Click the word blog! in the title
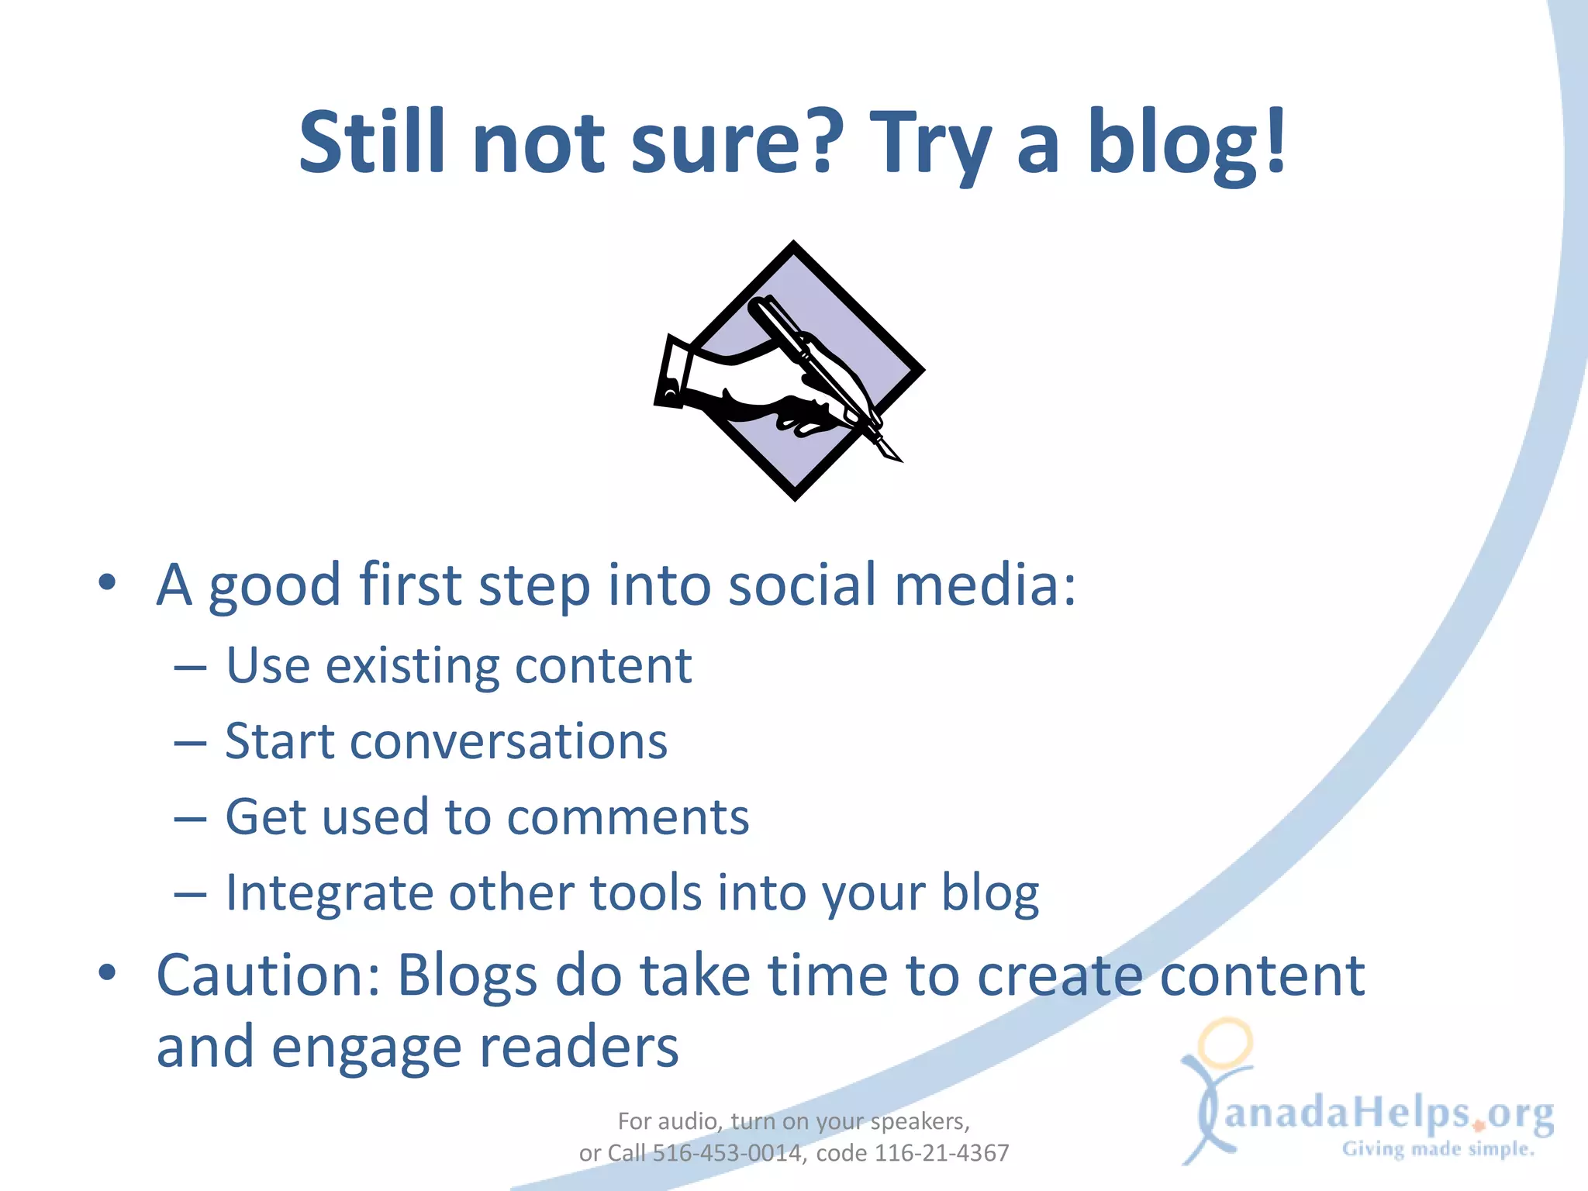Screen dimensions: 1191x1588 (x=1186, y=143)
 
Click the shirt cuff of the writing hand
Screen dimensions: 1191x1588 (x=671, y=372)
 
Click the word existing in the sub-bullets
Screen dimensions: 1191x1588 (x=412, y=667)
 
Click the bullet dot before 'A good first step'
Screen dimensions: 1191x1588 (x=107, y=582)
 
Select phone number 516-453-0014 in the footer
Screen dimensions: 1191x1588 (x=727, y=1153)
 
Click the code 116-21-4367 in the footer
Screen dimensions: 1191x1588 (x=941, y=1153)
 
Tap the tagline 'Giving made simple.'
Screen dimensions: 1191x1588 (x=1438, y=1149)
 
